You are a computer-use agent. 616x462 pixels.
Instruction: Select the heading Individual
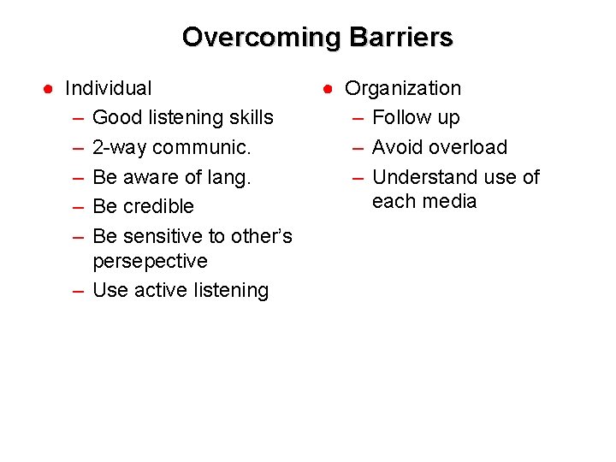(109, 88)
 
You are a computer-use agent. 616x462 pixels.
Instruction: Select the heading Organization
(402, 88)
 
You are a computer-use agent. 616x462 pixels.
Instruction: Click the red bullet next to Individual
(50, 89)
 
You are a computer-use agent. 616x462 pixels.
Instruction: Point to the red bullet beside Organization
(329, 89)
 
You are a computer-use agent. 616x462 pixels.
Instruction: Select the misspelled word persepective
(150, 260)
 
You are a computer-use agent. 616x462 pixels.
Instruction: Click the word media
(451, 201)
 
